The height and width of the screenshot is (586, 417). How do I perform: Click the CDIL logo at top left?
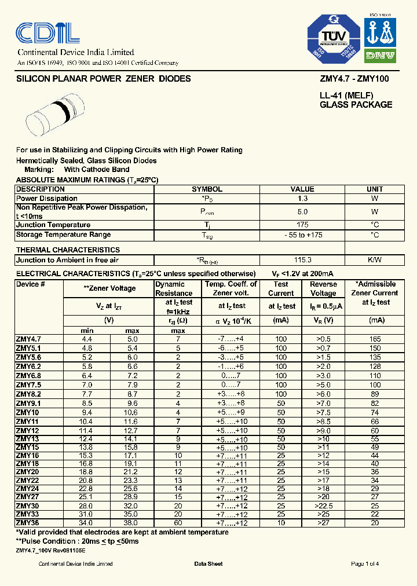[47, 34]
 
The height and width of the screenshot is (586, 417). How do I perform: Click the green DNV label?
[379, 56]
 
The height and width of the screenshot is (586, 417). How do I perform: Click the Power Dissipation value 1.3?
[302, 199]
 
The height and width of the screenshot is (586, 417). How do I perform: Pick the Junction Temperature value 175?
[302, 225]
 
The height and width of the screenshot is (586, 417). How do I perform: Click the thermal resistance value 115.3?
[302, 260]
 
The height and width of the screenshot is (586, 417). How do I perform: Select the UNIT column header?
[375, 189]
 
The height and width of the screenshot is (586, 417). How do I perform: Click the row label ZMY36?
[28, 523]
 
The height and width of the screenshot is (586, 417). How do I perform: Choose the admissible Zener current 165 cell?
[375, 339]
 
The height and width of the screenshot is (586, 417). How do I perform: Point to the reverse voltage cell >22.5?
[323, 506]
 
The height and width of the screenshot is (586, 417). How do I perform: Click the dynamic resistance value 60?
[178, 523]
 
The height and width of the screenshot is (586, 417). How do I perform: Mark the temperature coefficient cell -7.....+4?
[231, 339]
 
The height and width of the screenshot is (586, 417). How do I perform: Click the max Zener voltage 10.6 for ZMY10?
[131, 413]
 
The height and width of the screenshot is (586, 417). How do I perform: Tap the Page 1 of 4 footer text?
[365, 564]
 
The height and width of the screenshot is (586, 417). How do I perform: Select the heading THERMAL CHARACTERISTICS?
[68, 250]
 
